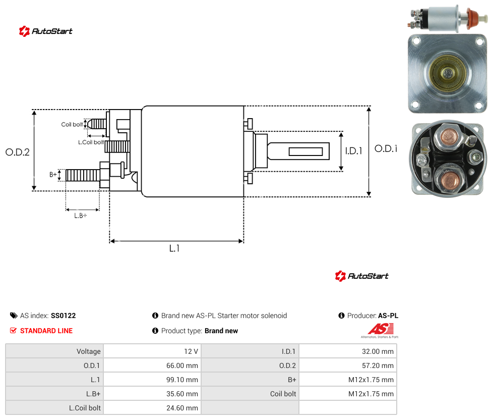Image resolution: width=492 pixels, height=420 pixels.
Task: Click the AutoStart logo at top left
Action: (46, 31)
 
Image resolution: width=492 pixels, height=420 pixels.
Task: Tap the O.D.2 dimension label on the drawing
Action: (17, 152)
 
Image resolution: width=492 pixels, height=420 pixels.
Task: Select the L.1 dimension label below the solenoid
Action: (174, 248)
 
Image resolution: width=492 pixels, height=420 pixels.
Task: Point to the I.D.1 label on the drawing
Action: (354, 151)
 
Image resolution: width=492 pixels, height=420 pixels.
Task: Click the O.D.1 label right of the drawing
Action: (386, 148)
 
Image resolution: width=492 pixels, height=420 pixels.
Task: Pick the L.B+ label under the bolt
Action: (81, 216)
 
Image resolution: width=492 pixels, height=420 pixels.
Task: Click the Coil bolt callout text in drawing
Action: (72, 124)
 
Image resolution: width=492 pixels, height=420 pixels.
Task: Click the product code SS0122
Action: (64, 316)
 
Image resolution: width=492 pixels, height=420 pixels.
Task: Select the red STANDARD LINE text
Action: (46, 331)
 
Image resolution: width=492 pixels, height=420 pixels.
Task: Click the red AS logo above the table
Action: (381, 329)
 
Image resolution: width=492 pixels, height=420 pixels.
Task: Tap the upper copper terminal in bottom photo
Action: (449, 137)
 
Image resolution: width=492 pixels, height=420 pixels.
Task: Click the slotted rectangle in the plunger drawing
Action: (305, 152)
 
